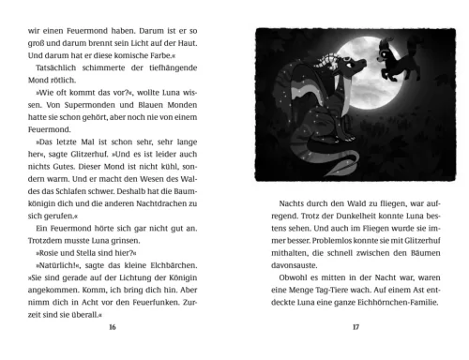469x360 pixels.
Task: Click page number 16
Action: click(x=113, y=327)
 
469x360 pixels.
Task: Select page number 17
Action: click(x=356, y=327)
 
